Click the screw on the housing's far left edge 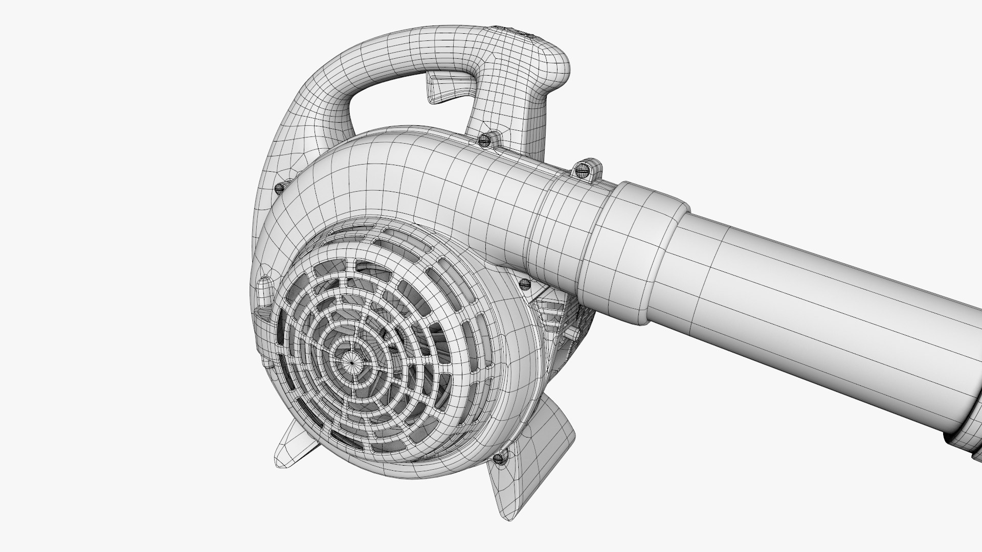[279, 188]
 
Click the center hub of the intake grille [352, 359]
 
